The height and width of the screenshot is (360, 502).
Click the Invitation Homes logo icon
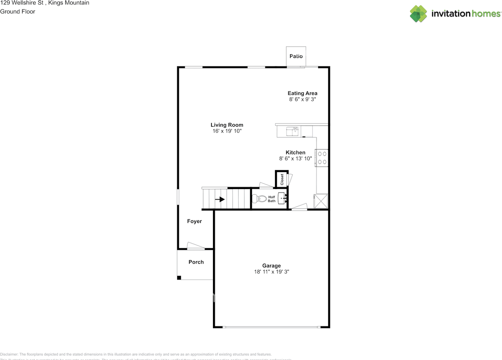point(418,14)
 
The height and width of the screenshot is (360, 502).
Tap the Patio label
point(296,56)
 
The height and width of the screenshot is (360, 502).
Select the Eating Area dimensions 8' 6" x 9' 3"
point(302,100)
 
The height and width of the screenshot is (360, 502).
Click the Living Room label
point(227,125)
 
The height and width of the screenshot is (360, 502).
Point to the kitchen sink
point(292,131)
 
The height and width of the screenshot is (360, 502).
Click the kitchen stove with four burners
point(322,158)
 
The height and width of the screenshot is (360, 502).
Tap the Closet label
point(282,179)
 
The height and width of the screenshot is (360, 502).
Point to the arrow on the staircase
point(220,199)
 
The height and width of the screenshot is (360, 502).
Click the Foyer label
point(194,221)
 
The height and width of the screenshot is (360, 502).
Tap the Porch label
point(196,262)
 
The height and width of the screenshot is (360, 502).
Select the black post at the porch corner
point(179,278)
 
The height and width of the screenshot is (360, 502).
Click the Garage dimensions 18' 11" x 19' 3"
point(271,272)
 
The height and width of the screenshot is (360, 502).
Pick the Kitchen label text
point(295,152)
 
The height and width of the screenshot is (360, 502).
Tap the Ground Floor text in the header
point(18,11)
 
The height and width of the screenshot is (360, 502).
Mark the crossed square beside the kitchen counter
point(321,201)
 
